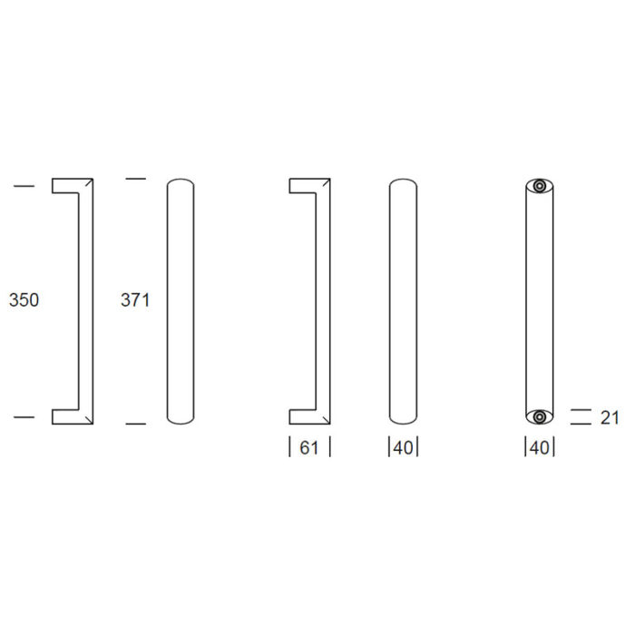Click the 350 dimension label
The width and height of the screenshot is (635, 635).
(24, 300)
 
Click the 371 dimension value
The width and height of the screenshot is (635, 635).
(135, 300)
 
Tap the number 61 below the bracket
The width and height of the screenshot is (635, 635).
(309, 447)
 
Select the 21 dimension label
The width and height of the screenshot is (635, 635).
(610, 418)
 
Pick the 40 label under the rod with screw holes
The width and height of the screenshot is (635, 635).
(540, 448)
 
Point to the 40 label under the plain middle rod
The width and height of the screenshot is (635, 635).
(403, 448)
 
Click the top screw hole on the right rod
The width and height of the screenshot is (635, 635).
(540, 186)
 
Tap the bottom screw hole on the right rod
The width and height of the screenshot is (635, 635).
(540, 416)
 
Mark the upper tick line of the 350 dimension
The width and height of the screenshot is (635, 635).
(24, 186)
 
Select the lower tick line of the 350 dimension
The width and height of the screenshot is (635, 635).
(24, 416)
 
